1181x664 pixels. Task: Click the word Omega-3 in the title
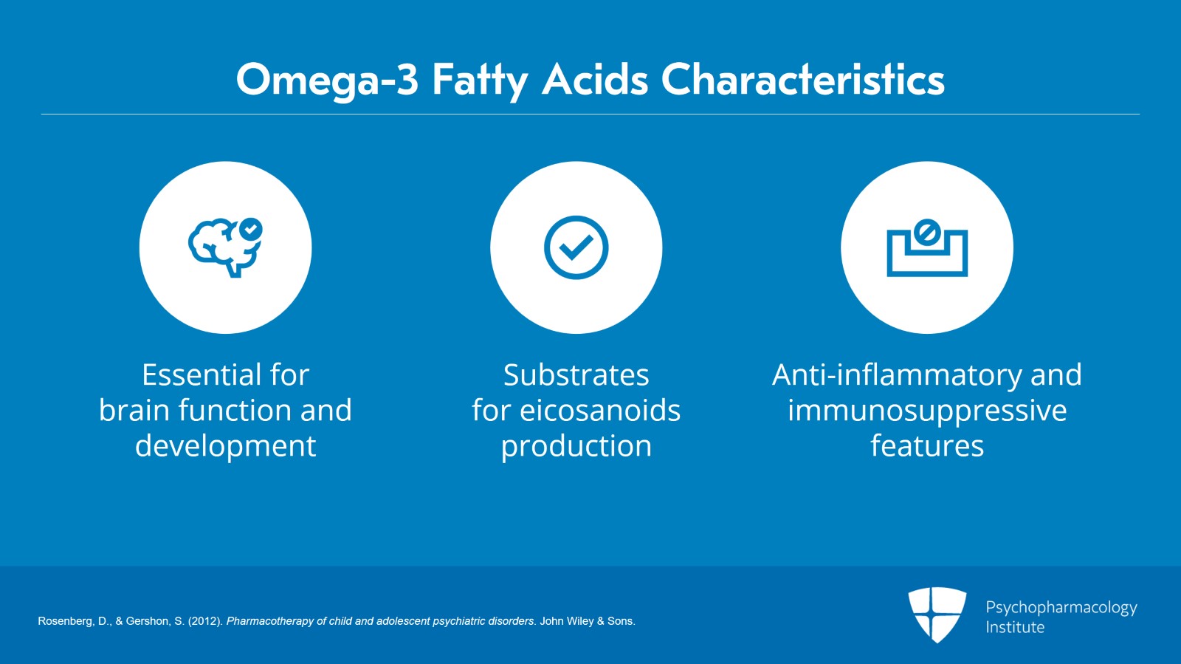327,80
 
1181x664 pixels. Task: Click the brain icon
221,248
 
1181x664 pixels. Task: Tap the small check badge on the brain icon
251,229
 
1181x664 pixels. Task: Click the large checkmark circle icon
576,247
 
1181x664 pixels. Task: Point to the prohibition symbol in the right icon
926,233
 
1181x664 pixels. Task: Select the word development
225,446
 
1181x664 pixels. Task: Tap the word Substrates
576,375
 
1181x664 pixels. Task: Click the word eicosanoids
599,411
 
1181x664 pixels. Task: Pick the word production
576,446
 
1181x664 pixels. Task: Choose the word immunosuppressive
926,411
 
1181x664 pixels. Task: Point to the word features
926,446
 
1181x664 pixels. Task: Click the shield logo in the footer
937,614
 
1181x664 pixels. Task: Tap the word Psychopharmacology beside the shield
1061,607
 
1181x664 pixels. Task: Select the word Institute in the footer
1015,627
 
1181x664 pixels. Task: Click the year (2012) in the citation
205,621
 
